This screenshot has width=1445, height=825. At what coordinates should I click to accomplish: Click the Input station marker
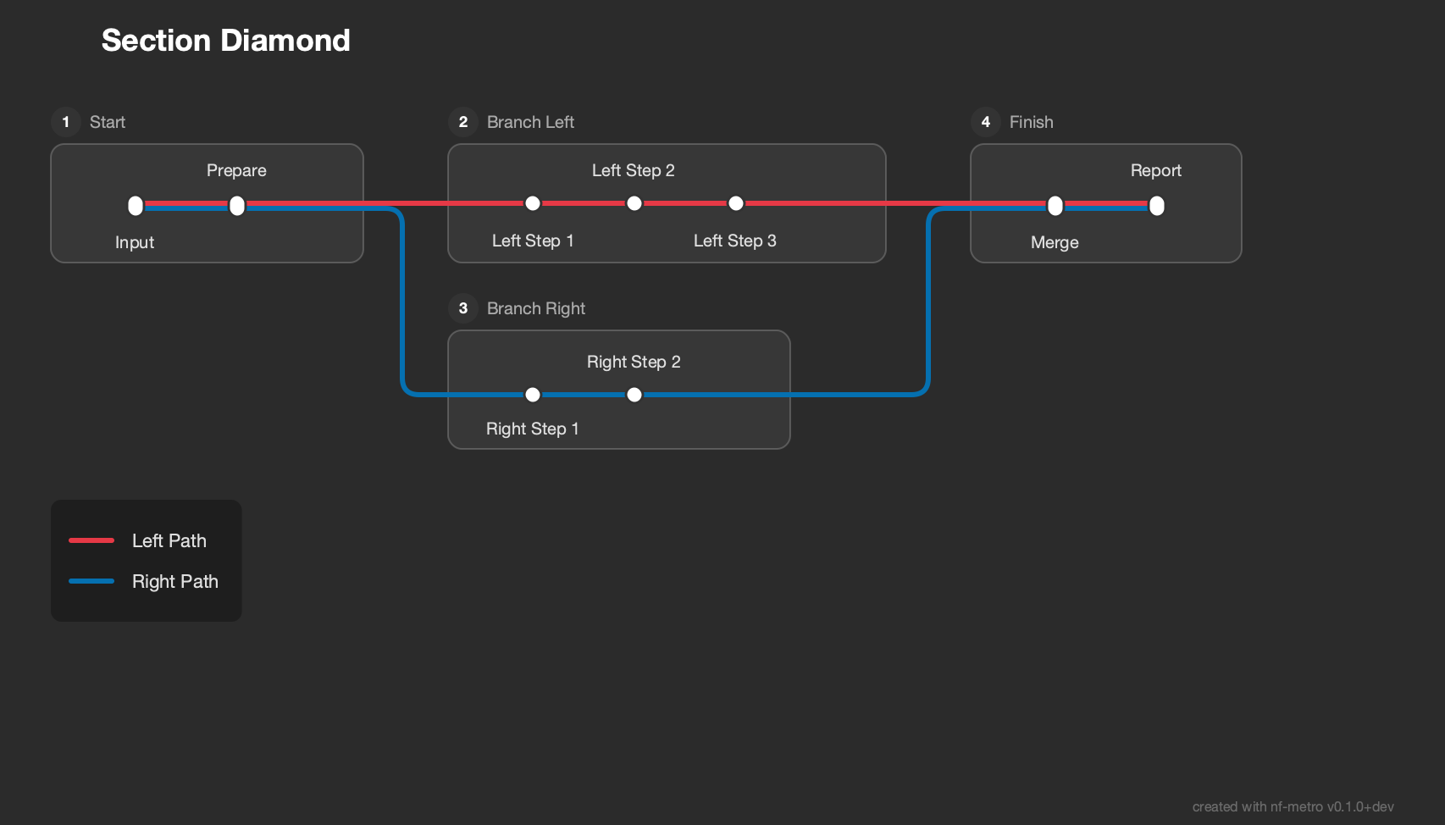click(x=136, y=206)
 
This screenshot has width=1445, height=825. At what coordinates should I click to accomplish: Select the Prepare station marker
click(x=237, y=206)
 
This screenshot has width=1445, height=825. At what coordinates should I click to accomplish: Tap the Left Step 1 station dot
click(x=532, y=203)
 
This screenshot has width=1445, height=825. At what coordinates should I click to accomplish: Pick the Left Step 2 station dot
click(x=634, y=203)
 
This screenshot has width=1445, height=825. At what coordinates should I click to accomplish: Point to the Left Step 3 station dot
click(x=736, y=203)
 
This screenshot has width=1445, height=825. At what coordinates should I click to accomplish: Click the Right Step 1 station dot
click(x=532, y=394)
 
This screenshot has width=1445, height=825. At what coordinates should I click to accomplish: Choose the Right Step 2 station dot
click(x=634, y=394)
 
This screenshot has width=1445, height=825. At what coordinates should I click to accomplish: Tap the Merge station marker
click(x=1055, y=206)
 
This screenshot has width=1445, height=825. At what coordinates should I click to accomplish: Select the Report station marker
click(x=1157, y=206)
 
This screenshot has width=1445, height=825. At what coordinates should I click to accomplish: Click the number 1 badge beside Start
click(x=66, y=122)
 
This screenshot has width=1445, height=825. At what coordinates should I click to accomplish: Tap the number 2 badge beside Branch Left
click(x=463, y=122)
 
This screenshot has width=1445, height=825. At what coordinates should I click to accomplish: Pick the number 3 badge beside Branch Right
click(x=463, y=308)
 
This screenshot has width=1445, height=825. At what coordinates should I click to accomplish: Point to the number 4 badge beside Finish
click(x=986, y=122)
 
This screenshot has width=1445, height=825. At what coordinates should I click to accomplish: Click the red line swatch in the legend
click(x=91, y=540)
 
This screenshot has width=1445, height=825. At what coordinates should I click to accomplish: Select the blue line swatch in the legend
click(x=91, y=581)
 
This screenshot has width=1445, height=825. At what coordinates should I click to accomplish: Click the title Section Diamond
click(x=226, y=41)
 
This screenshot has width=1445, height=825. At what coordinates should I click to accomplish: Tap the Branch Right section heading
click(x=536, y=308)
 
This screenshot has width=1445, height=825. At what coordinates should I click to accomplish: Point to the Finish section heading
click(x=1032, y=122)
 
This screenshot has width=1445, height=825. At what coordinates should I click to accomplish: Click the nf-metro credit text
click(x=1293, y=806)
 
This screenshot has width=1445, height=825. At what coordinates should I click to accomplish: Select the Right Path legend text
click(x=174, y=581)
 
